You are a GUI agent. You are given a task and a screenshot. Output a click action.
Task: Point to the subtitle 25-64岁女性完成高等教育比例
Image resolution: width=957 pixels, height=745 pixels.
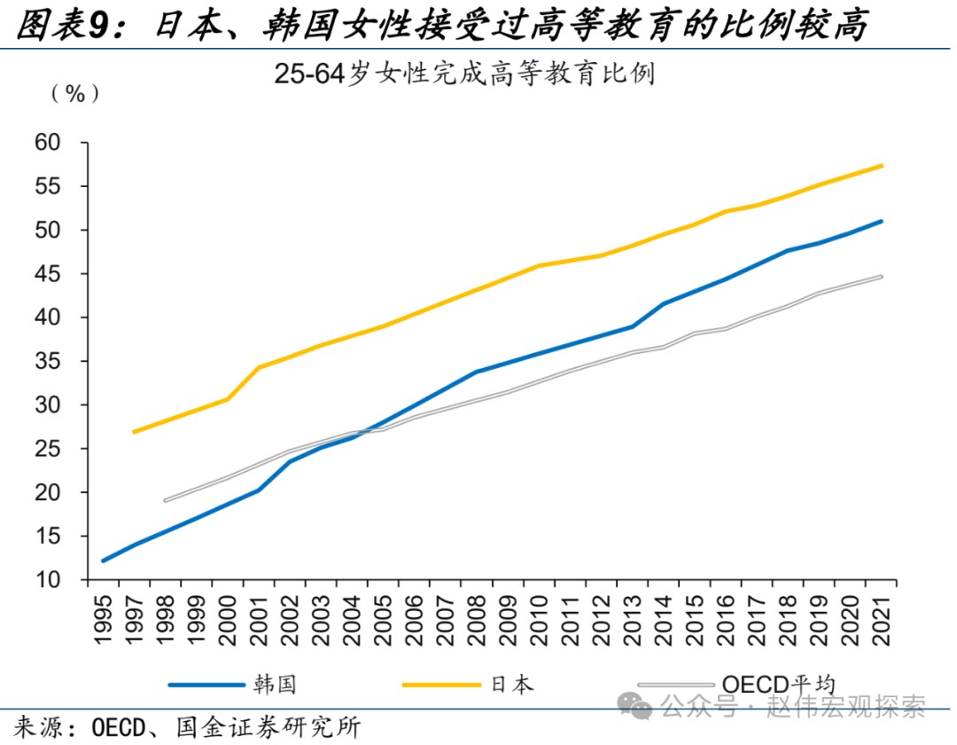[x=464, y=74]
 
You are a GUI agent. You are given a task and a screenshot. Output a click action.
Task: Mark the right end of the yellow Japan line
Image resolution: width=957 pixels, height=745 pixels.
[x=881, y=166]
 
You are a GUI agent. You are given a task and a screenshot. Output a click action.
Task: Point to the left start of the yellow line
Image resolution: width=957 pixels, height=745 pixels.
[x=134, y=432]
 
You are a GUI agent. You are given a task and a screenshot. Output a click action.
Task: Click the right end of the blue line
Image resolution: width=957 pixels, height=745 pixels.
[x=881, y=222]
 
